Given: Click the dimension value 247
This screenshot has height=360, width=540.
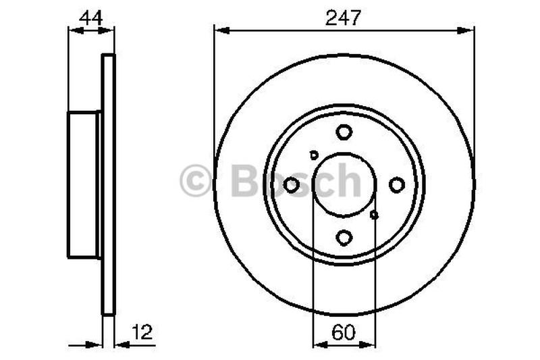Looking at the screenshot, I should tap(344, 18).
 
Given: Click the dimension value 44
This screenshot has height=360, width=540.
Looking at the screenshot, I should tap(90, 18).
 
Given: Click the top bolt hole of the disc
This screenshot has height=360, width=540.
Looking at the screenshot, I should tap(344, 132).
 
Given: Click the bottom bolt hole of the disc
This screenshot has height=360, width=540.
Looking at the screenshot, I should tap(344, 237).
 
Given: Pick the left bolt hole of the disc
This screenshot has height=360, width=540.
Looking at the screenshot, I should tap(292, 184).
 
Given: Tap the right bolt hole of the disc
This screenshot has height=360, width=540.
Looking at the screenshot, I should tap(397, 184).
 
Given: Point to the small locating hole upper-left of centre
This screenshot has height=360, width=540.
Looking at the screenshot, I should tap(314, 155).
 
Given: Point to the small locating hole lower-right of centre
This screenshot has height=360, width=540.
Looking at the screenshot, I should tap(375, 215).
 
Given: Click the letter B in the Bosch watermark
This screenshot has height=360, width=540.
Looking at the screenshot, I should tap(245, 180).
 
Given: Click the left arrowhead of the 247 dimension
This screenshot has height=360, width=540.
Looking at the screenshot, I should tap(219, 29).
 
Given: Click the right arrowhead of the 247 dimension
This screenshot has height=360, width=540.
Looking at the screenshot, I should tap(469, 29).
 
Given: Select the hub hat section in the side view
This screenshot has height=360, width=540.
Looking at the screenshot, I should tap(84, 184).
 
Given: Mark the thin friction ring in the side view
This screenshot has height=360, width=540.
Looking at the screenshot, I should tap(108, 184).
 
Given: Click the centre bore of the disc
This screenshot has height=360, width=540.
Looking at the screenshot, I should tap(344, 184).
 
